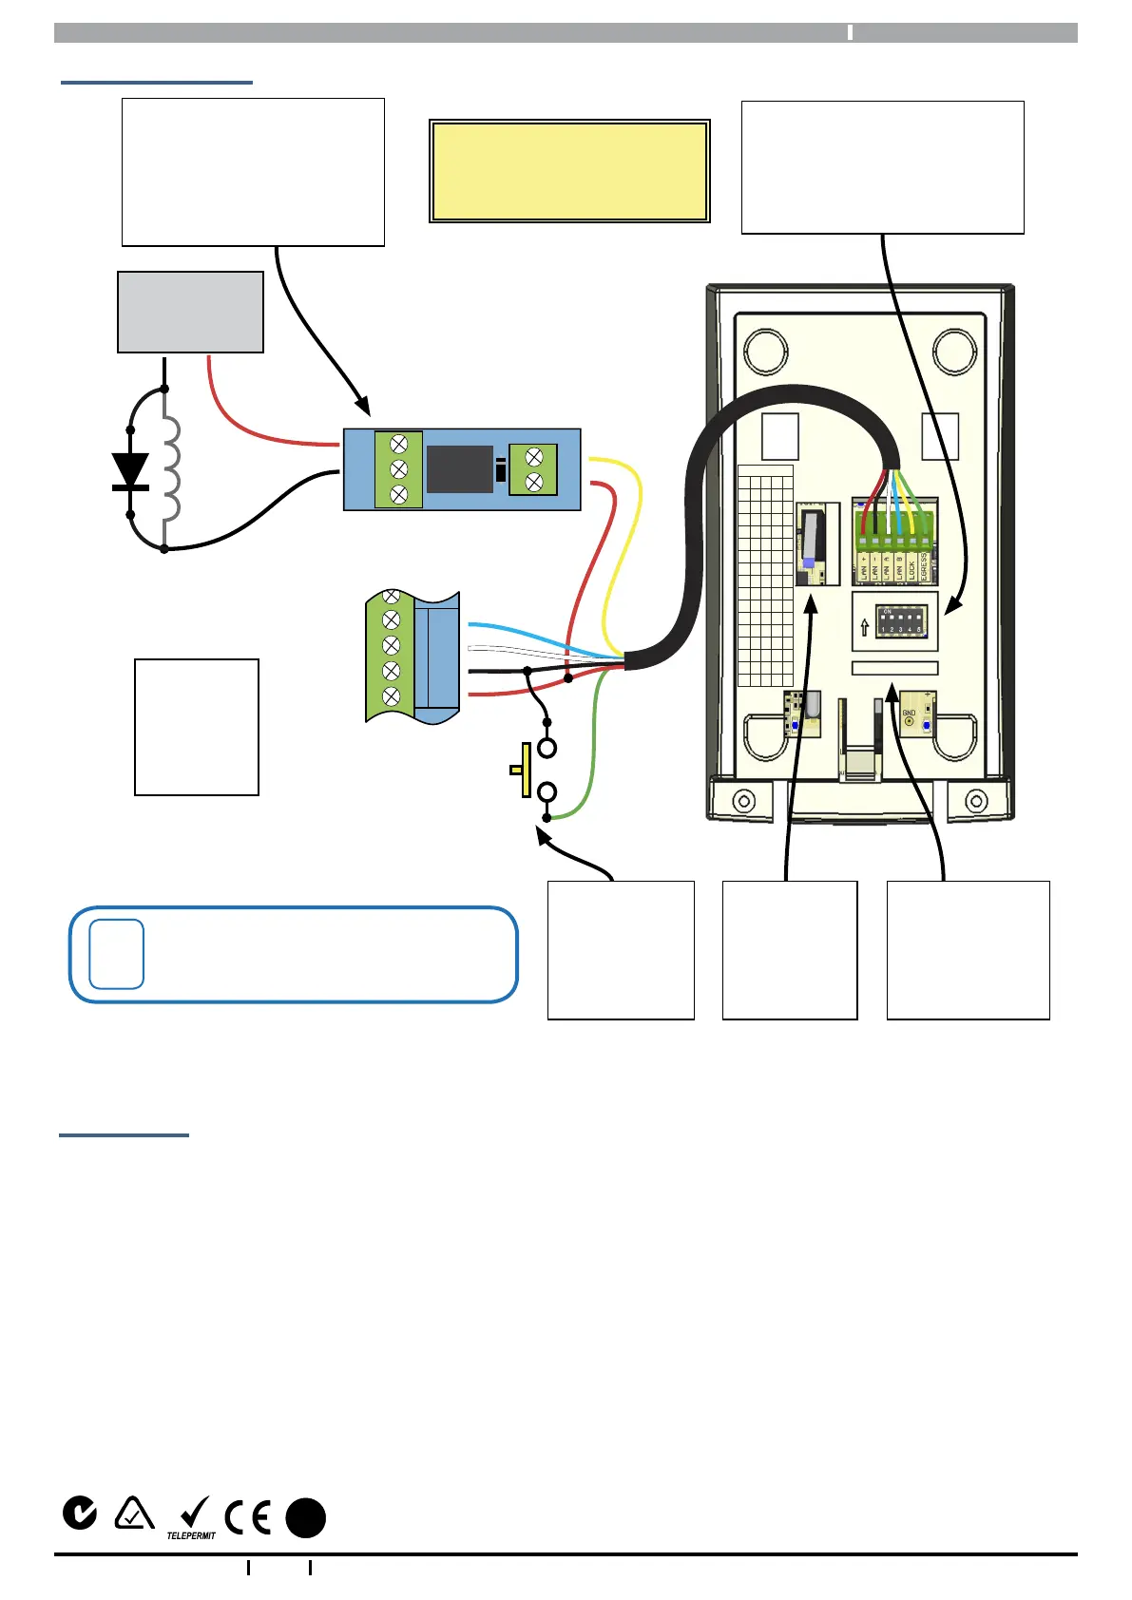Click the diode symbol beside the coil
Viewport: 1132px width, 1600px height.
pyautogui.click(x=130, y=471)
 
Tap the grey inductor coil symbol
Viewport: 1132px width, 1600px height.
pyautogui.click(x=170, y=468)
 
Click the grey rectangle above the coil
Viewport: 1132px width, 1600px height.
pyautogui.click(x=190, y=313)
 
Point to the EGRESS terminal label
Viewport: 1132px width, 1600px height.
pyautogui.click(x=923, y=567)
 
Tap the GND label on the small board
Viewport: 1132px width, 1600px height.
pyautogui.click(x=909, y=713)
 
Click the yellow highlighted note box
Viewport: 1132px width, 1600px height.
pyautogui.click(x=569, y=171)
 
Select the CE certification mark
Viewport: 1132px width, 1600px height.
pyautogui.click(x=247, y=1516)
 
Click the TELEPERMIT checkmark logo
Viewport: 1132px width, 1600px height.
pyautogui.click(x=192, y=1517)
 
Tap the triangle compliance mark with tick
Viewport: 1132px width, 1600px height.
pyautogui.click(x=134, y=1514)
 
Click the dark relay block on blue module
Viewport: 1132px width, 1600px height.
pyautogui.click(x=460, y=469)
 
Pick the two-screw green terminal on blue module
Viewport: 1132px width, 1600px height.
pyautogui.click(x=533, y=469)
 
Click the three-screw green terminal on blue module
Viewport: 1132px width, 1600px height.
pyautogui.click(x=399, y=469)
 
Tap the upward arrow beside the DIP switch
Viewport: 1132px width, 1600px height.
pyautogui.click(x=864, y=627)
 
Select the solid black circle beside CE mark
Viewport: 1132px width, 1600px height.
pyautogui.click(x=306, y=1517)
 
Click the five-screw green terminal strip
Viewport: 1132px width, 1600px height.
pyautogui.click(x=391, y=657)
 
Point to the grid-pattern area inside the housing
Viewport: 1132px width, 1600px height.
pyautogui.click(x=765, y=576)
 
